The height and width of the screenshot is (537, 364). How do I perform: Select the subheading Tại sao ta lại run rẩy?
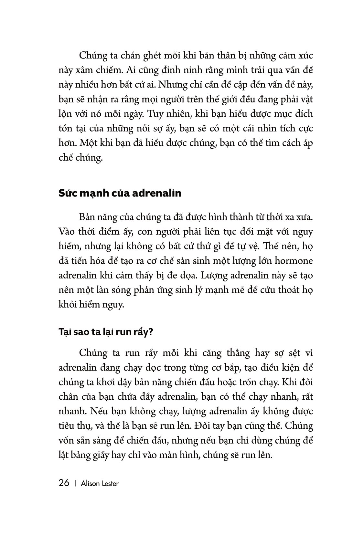[105, 333]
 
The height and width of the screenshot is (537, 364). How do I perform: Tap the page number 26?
[64, 483]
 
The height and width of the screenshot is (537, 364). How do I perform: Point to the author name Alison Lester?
[100, 484]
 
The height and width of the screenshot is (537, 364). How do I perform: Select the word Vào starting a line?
[67, 232]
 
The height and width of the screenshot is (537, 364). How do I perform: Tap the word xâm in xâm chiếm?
[88, 70]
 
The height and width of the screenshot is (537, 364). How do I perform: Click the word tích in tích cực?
[281, 129]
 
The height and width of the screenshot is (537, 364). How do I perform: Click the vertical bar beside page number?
[75, 484]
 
